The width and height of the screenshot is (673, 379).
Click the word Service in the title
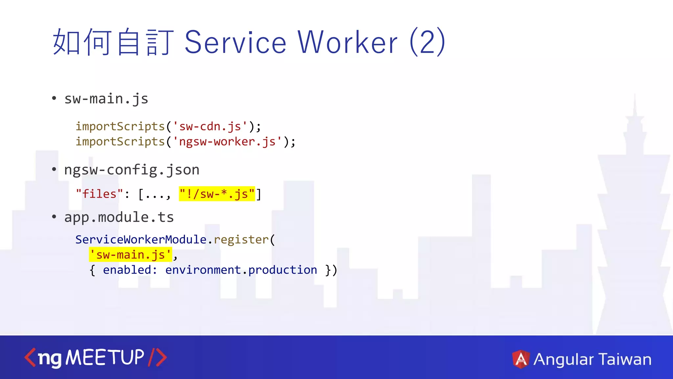coord(235,42)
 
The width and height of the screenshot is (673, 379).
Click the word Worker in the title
coord(348,42)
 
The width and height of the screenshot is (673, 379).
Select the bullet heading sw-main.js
coord(106,99)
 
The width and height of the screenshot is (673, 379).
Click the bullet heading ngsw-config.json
coord(132,170)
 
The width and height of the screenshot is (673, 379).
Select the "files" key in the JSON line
coord(99,194)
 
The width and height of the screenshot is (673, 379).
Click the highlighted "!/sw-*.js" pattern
coord(217,194)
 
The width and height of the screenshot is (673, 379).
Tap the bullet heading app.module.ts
coord(119,217)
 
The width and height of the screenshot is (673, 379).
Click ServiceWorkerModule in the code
coord(141,240)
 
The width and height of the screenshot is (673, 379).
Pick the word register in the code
coord(241,240)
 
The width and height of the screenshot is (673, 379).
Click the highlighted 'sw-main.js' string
coord(130,255)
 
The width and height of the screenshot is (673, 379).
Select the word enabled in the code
coord(127,270)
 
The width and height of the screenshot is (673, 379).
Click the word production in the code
coord(283,270)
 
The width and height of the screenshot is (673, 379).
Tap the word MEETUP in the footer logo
coord(105,358)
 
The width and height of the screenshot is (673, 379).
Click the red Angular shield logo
coord(521,359)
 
